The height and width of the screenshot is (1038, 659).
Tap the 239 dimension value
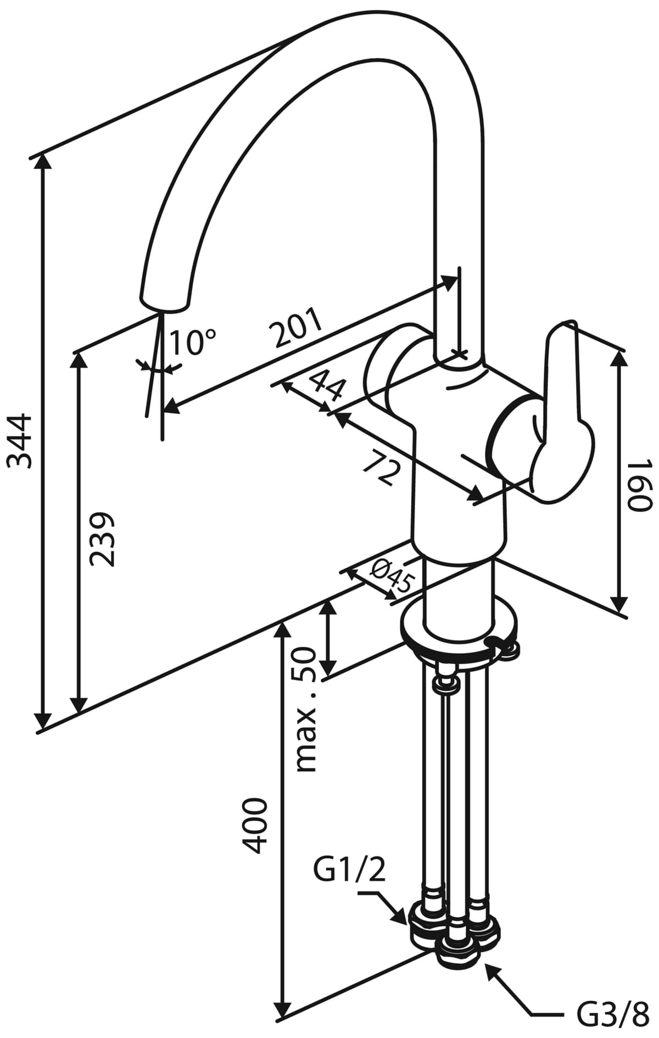(x=103, y=540)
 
